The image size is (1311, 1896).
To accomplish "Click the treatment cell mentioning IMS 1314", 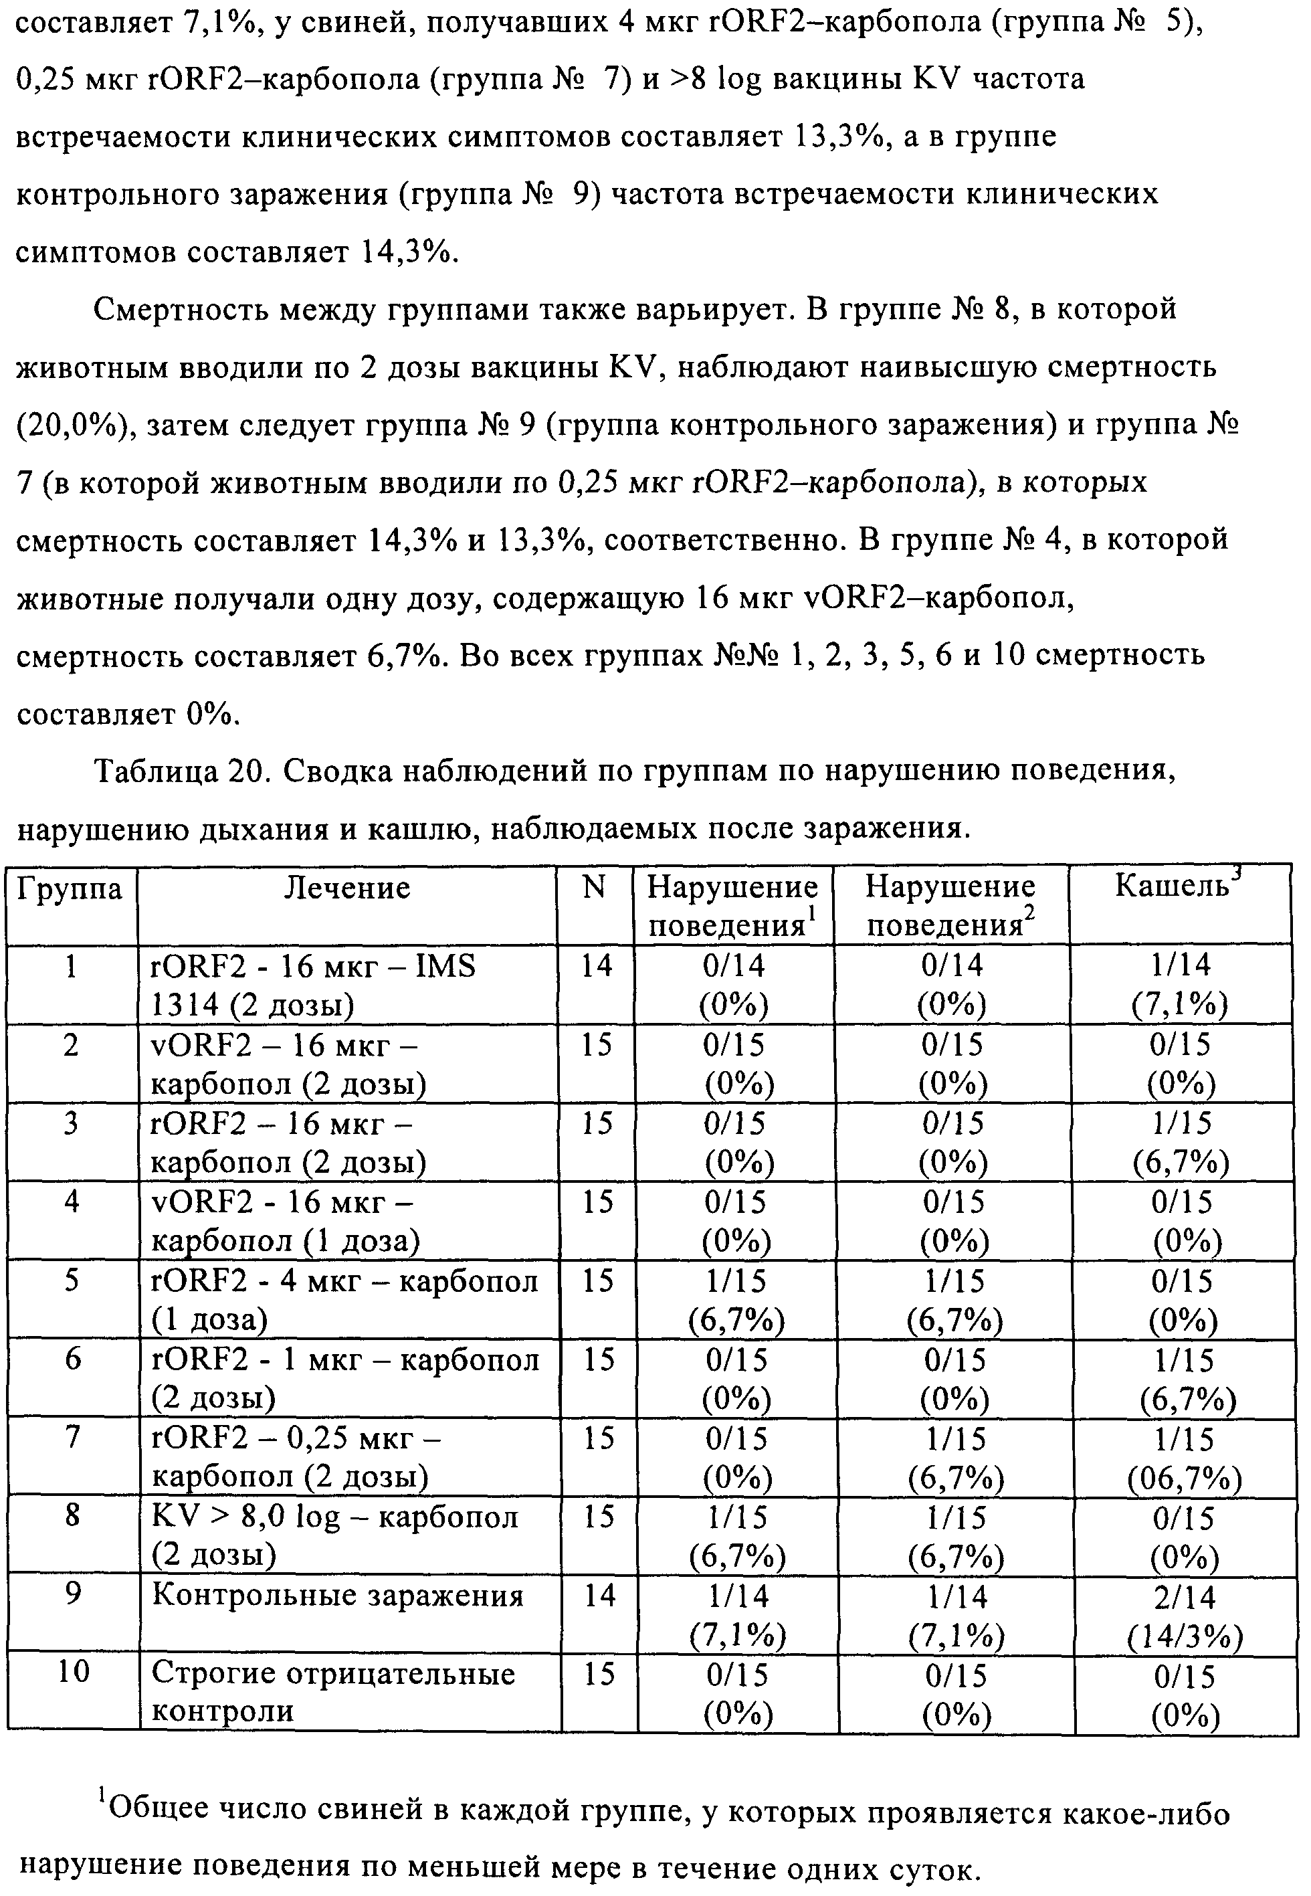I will pos(313,985).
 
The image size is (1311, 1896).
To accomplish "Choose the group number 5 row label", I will pos(72,1281).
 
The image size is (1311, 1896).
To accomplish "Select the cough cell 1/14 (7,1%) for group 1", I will pos(1181,985).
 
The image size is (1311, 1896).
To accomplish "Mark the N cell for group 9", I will pos(599,1596).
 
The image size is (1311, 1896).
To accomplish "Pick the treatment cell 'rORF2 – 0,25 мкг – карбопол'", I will pos(296,1457).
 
